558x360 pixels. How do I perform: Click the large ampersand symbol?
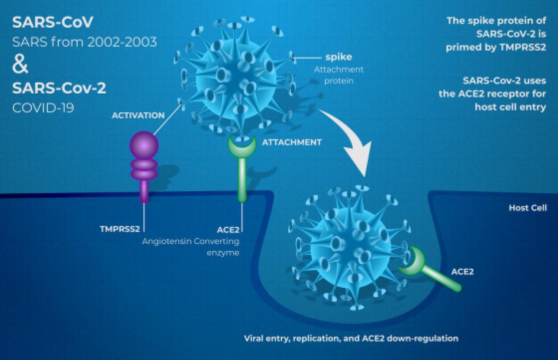(20, 65)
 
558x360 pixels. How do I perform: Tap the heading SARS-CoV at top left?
(52, 22)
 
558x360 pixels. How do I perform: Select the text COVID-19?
(43, 108)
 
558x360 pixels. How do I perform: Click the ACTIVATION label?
(138, 116)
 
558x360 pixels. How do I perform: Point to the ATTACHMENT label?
(292, 142)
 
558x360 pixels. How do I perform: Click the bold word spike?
(339, 57)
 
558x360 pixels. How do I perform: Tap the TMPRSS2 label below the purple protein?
(120, 229)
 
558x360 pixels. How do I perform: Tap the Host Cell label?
(528, 208)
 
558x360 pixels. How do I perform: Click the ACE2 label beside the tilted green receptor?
(462, 271)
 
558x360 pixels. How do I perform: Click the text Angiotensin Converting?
(191, 241)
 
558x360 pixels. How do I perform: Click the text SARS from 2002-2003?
(85, 42)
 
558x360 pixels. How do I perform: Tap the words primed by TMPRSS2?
(496, 47)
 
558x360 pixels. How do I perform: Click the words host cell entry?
(510, 107)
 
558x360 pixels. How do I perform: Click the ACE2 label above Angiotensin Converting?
(228, 229)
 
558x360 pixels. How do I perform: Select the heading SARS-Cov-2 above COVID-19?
(59, 89)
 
